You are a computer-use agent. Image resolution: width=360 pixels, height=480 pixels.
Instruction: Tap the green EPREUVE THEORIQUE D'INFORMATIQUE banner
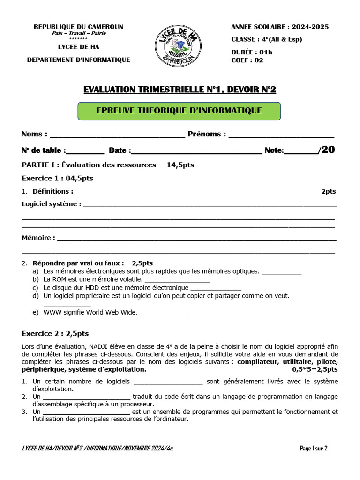tap(179, 111)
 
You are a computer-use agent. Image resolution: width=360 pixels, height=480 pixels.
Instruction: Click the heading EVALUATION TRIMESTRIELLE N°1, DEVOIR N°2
tap(180, 90)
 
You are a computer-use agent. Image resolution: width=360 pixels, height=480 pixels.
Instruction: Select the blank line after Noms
tap(117, 135)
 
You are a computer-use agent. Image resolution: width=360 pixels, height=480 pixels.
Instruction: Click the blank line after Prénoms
tap(281, 135)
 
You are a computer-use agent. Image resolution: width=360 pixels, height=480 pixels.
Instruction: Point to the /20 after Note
tap(327, 150)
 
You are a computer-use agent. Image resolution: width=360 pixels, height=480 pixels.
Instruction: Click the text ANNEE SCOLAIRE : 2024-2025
tap(280, 27)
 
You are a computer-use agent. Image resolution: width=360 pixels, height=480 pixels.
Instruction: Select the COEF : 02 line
tap(247, 60)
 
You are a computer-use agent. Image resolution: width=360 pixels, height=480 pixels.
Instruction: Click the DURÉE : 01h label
tap(252, 52)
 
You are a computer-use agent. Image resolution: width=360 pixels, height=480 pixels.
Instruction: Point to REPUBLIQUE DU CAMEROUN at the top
tap(78, 27)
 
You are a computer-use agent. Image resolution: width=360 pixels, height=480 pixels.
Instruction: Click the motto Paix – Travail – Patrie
tap(78, 33)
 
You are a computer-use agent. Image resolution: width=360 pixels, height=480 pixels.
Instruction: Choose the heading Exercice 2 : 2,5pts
tap(55, 334)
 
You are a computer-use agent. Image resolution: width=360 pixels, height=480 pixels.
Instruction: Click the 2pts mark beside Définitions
tap(328, 191)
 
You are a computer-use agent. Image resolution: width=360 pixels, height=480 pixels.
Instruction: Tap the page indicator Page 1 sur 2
tap(314, 448)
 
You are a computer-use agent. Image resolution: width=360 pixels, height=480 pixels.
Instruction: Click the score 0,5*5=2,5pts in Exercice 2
tap(315, 369)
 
